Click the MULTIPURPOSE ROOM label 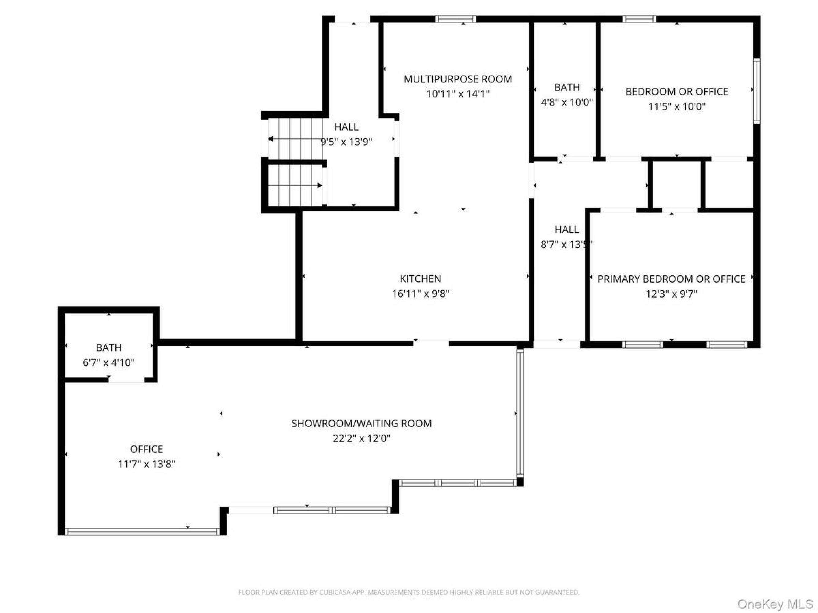[x=458, y=79]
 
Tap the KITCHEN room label [x=421, y=279]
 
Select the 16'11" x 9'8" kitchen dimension [x=421, y=294]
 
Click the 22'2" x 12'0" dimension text [x=361, y=439]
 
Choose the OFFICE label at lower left [x=146, y=449]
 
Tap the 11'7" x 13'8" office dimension [x=146, y=464]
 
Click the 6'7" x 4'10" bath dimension [x=108, y=363]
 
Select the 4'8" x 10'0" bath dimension [x=567, y=102]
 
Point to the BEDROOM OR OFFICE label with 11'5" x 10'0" [x=677, y=92]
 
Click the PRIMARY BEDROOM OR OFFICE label [x=671, y=279]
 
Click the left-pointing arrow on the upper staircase [x=295, y=139]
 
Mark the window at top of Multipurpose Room [x=455, y=19]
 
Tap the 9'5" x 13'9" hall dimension [x=347, y=142]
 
